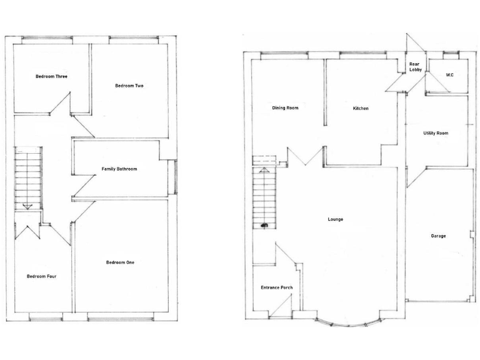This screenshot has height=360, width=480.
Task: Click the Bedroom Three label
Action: coord(51,76)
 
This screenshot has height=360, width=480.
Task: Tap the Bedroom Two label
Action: coord(129,86)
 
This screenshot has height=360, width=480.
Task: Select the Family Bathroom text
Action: coord(119,169)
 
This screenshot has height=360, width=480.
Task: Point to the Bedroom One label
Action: coord(120,262)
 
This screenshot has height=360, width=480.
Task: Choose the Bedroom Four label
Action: coord(42,276)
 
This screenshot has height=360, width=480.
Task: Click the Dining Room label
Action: coord(285,108)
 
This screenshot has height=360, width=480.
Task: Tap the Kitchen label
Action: coord(361,108)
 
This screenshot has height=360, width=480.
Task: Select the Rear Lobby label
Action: coord(414,67)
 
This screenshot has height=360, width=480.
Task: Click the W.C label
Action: coord(449,75)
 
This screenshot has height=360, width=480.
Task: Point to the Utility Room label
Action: coord(436,133)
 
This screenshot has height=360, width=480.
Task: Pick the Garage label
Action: coord(438,236)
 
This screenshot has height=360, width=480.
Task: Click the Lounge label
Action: coord(336,219)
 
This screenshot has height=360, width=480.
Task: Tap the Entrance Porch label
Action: coord(276,287)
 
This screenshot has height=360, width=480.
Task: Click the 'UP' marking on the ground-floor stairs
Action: coord(264,225)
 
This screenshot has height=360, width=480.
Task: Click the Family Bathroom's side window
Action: coord(176,177)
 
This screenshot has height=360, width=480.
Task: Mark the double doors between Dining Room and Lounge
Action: coord(305,156)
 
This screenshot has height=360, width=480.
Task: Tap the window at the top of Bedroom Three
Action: coord(47,39)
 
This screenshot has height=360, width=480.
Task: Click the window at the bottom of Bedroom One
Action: coord(121,318)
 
